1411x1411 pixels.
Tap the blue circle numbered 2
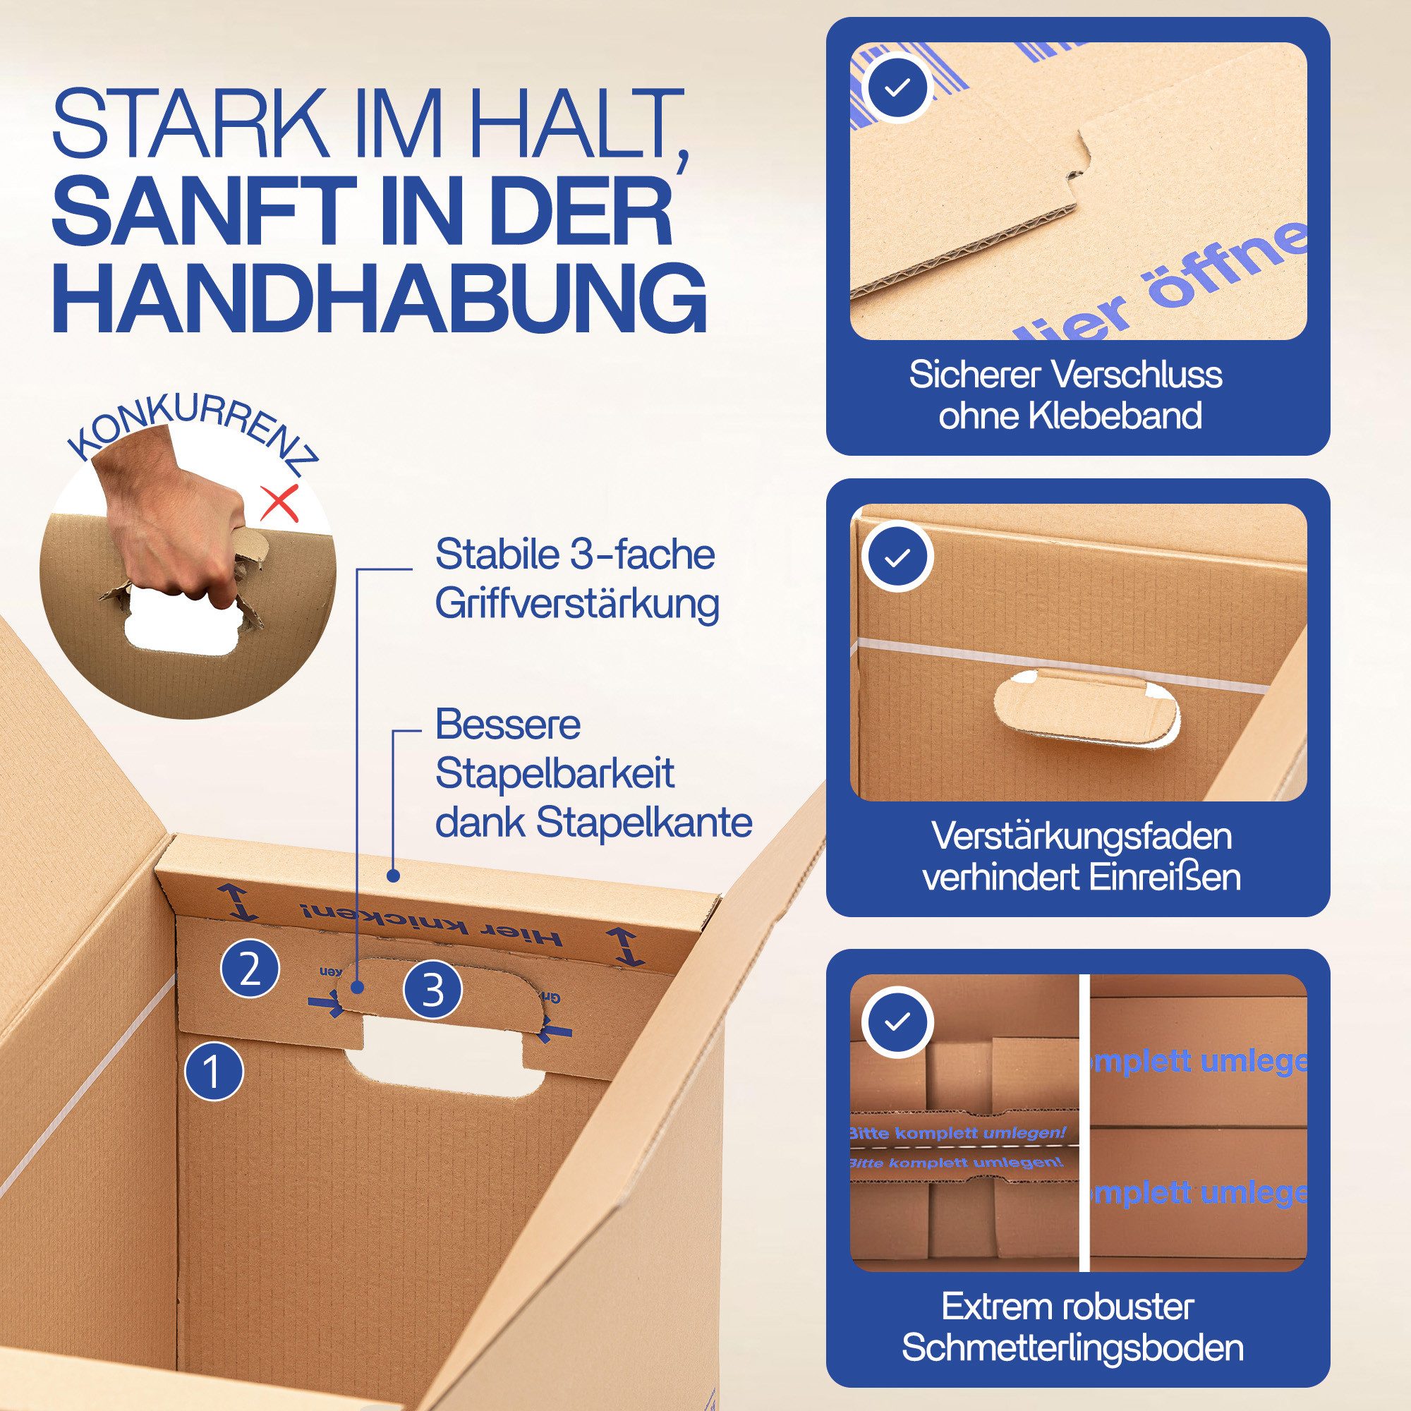[250, 971]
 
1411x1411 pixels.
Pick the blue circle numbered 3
[433, 991]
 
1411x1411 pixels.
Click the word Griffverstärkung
[577, 603]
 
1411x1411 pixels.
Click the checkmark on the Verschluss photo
[897, 87]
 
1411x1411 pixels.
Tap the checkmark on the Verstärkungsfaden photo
[897, 558]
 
